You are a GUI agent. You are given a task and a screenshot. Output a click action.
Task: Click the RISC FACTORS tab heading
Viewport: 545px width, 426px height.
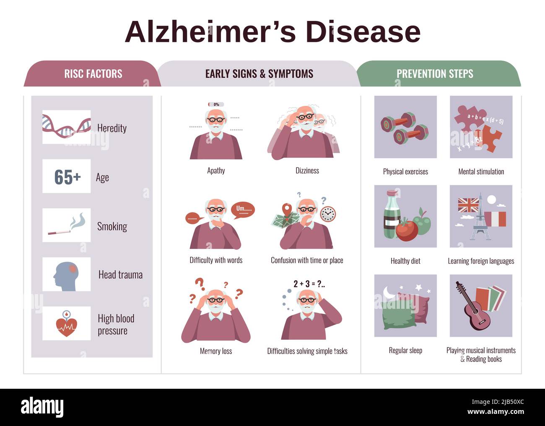[93, 74]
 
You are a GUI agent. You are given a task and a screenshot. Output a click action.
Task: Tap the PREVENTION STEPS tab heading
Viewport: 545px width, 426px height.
[435, 74]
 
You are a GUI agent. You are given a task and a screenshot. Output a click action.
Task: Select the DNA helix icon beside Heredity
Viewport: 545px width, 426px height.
[67, 126]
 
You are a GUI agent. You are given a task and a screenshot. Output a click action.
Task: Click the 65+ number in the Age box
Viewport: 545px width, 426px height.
[67, 177]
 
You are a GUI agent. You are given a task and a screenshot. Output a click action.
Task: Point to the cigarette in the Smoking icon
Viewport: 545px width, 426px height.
[59, 232]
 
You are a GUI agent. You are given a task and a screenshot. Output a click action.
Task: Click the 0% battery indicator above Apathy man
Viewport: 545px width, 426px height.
[216, 104]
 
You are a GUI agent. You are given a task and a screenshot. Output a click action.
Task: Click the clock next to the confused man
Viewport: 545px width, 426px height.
[328, 214]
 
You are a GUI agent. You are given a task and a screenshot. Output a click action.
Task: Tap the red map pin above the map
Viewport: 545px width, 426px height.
[287, 210]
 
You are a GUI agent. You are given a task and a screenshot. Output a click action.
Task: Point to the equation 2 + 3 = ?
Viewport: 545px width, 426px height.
[309, 284]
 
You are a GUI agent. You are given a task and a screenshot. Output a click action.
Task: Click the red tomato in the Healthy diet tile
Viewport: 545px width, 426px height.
[407, 230]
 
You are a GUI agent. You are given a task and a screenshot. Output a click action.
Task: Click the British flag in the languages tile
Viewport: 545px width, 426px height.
[468, 205]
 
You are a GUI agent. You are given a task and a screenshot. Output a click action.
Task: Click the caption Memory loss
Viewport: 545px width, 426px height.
[216, 351]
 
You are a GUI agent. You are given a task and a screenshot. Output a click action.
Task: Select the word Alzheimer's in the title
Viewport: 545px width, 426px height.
[210, 32]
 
